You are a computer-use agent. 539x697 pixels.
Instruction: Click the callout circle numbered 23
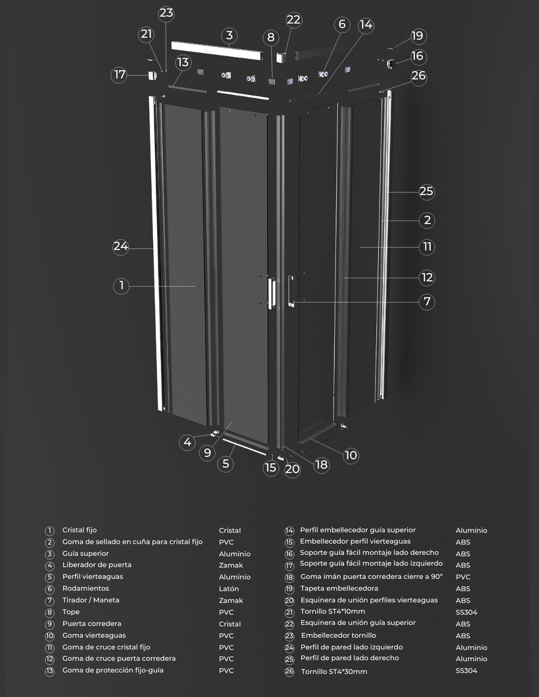point(166,13)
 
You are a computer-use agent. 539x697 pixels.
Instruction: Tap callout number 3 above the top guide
point(229,36)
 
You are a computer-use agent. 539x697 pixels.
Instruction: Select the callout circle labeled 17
point(119,75)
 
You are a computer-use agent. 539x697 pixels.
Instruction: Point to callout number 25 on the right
point(427,192)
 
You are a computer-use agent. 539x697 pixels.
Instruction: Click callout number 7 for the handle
point(427,302)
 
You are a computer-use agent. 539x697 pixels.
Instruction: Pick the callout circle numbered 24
point(121,247)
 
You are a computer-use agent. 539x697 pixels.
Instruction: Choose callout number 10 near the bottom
point(351,455)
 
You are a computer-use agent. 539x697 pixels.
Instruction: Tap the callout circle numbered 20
point(292,470)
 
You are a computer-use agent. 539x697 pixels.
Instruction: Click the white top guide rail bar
point(217,50)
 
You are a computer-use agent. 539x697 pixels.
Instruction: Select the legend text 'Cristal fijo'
point(79,530)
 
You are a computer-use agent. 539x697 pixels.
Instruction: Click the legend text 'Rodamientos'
point(86,589)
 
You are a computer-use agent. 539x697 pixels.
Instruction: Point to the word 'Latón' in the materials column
point(229,589)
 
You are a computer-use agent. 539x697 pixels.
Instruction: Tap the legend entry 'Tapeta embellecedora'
point(339,589)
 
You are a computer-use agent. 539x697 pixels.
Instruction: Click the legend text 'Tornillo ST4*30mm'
point(334,672)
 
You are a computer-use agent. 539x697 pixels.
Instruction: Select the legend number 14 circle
point(289,531)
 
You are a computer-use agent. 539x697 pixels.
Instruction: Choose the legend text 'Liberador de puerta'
point(97,565)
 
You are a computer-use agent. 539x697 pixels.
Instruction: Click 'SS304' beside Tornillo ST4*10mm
point(466,612)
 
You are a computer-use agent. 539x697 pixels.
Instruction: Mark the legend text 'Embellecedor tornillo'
point(338,635)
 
